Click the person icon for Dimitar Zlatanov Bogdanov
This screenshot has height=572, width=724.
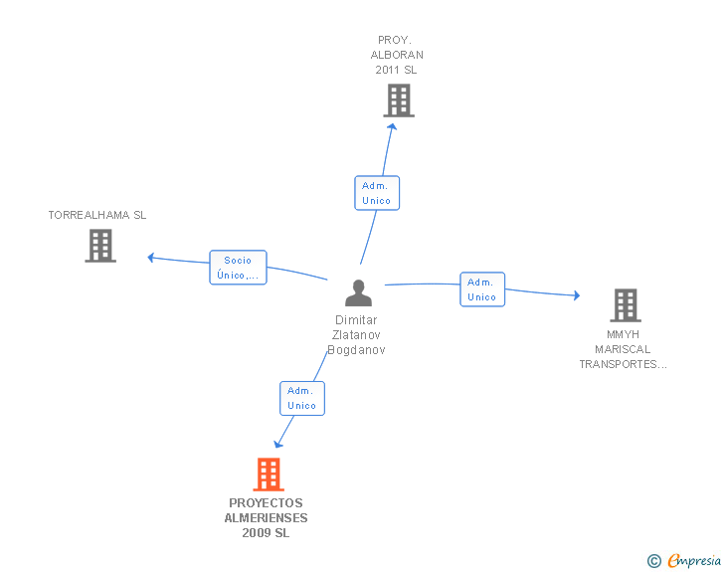coord(358,292)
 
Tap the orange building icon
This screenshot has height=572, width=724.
coord(269,475)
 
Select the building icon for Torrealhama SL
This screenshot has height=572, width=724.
coord(100,246)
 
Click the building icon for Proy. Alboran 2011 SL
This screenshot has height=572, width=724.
coord(399,100)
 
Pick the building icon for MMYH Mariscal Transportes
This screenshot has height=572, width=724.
coord(625,305)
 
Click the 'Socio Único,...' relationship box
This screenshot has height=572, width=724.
coord(239,268)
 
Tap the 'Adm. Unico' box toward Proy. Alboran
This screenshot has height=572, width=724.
coord(377,193)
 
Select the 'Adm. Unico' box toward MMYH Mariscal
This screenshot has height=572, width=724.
coord(482,289)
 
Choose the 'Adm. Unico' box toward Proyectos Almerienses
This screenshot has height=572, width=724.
coord(302,398)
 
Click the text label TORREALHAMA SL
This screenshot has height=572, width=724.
coord(97,215)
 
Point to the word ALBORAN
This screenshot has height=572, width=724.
coord(397,55)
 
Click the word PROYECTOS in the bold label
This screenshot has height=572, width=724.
coord(266,503)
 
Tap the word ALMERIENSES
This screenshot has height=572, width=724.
coord(266,518)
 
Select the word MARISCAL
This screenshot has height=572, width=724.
coord(623,349)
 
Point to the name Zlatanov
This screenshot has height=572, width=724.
coord(358,335)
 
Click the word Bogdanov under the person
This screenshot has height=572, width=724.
coord(357,350)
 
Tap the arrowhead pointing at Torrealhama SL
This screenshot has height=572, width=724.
coord(151,258)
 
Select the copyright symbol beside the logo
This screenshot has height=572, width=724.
coord(653,561)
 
